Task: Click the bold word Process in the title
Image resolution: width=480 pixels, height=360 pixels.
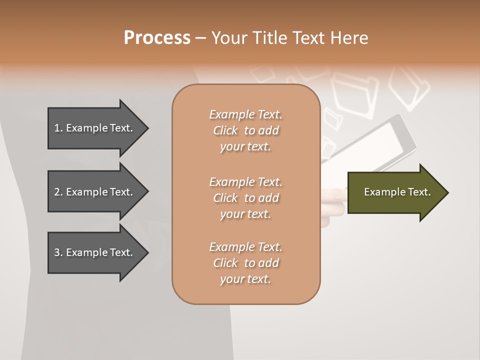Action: click(x=157, y=38)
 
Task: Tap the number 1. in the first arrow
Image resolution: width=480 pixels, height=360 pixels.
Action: click(x=58, y=128)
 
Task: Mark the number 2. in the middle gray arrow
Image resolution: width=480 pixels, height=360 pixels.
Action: click(x=58, y=192)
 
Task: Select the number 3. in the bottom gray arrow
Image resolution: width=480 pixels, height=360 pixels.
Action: click(x=58, y=252)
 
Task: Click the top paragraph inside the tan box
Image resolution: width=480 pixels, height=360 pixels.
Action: click(x=245, y=130)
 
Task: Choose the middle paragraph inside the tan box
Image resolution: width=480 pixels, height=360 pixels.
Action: click(x=245, y=197)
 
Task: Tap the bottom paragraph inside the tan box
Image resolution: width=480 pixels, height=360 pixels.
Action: click(x=245, y=263)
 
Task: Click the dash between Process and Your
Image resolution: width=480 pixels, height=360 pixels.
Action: click(x=200, y=38)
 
